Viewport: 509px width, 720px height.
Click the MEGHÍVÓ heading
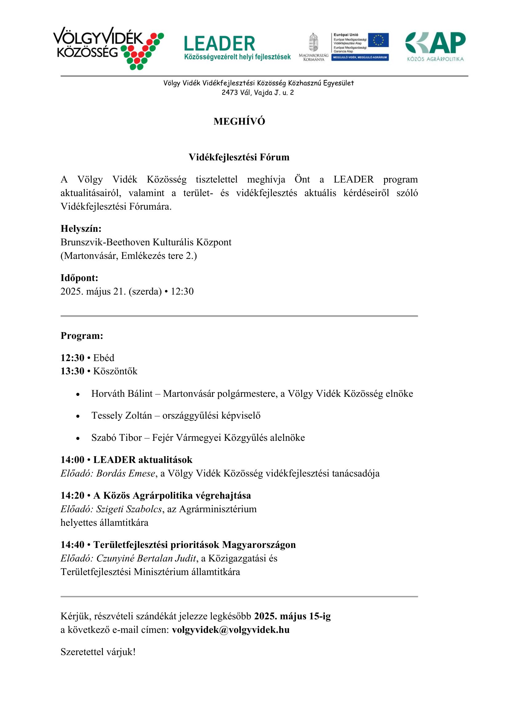click(239, 122)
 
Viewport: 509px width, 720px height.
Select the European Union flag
click(378, 40)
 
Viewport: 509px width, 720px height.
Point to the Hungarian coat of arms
click(313, 42)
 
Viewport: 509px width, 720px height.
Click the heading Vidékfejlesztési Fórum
click(239, 157)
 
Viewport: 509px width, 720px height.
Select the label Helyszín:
click(81, 229)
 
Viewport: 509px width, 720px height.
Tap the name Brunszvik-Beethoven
click(105, 242)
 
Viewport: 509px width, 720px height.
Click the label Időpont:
click(79, 278)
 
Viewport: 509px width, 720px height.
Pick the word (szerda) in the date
click(145, 291)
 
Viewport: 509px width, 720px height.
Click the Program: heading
click(82, 336)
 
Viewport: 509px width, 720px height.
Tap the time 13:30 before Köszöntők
click(72, 371)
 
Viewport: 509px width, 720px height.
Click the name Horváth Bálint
click(122, 394)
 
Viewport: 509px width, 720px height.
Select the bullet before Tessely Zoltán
click(78, 416)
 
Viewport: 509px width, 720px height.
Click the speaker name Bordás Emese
click(126, 473)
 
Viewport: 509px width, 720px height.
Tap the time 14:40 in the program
click(72, 545)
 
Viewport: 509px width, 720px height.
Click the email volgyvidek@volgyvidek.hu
click(231, 630)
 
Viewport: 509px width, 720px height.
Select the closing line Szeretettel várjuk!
click(98, 652)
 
